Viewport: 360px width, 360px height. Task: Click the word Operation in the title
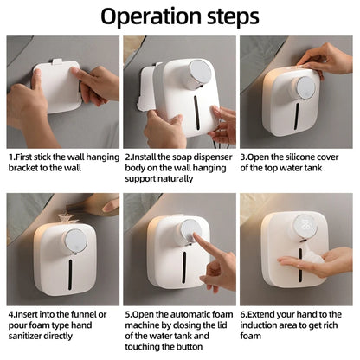pos(148,16)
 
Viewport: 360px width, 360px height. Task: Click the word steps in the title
pos(228,16)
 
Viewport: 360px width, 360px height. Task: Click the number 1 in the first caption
pos(11,157)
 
